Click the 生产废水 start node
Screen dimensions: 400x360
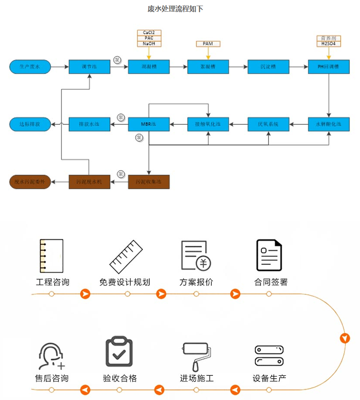click(x=30, y=67)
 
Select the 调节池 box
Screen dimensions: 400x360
click(x=89, y=67)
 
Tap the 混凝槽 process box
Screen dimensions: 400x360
click(x=149, y=67)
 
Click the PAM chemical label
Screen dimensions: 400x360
click(x=208, y=44)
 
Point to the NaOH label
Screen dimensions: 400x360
click(x=149, y=44)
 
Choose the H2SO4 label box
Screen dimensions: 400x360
click(x=328, y=44)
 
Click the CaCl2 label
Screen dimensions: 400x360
click(x=149, y=33)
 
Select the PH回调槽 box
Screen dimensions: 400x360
click(x=328, y=67)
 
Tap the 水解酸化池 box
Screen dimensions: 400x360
click(x=328, y=124)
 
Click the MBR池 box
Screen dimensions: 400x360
click(x=149, y=124)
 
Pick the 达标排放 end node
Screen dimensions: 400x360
click(x=30, y=124)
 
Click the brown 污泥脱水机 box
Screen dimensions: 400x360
click(x=89, y=182)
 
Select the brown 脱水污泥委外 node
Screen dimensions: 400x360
click(x=30, y=182)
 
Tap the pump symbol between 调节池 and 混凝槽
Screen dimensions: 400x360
click(x=118, y=60)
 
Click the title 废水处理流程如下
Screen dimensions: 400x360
click(x=175, y=9)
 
